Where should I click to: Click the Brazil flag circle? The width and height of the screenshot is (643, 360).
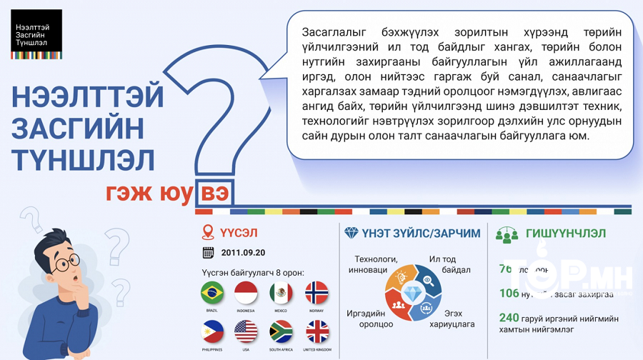(x=212, y=293)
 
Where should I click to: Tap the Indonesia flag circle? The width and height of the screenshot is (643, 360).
(x=246, y=293)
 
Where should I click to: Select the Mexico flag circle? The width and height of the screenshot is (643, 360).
(x=281, y=293)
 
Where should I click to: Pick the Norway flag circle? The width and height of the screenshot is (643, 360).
(x=316, y=293)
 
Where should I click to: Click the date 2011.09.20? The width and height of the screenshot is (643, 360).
(x=243, y=252)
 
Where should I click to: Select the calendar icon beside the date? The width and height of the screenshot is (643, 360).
(x=209, y=252)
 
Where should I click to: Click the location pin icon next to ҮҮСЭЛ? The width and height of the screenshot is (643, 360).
(x=208, y=233)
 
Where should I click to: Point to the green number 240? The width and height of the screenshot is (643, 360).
(x=509, y=318)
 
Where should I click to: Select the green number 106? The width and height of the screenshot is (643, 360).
(x=509, y=293)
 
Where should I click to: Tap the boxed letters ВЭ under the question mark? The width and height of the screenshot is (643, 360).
(x=214, y=194)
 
